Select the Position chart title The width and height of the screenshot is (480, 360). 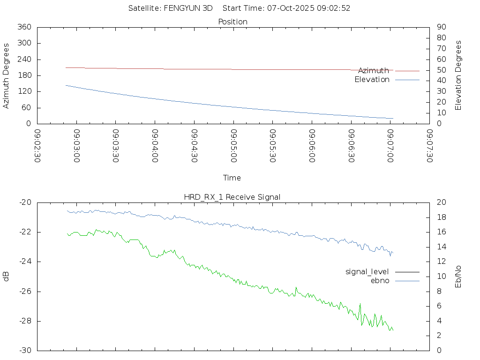pyautogui.click(x=232, y=22)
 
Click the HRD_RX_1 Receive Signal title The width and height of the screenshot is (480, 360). pyautogui.click(x=232, y=197)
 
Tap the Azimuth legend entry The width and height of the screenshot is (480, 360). pyautogui.click(x=374, y=70)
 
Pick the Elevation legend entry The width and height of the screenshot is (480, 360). pyautogui.click(x=372, y=79)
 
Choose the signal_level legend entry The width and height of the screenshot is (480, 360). pyautogui.click(x=367, y=271)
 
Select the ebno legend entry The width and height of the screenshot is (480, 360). pyautogui.click(x=380, y=280)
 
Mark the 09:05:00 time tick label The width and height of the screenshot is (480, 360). pyautogui.click(x=233, y=146)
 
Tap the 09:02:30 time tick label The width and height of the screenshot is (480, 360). pyautogui.click(x=37, y=146)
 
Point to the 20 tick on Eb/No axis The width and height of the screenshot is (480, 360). pyautogui.click(x=441, y=202)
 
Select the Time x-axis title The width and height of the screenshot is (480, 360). pyautogui.click(x=232, y=178)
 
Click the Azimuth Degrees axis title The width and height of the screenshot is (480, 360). pyautogui.click(x=6, y=75)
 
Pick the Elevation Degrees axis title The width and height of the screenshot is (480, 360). pyautogui.click(x=458, y=75)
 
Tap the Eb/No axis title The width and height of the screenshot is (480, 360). pyautogui.click(x=458, y=277)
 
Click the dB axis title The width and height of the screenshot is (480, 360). pyautogui.click(x=6, y=277)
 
